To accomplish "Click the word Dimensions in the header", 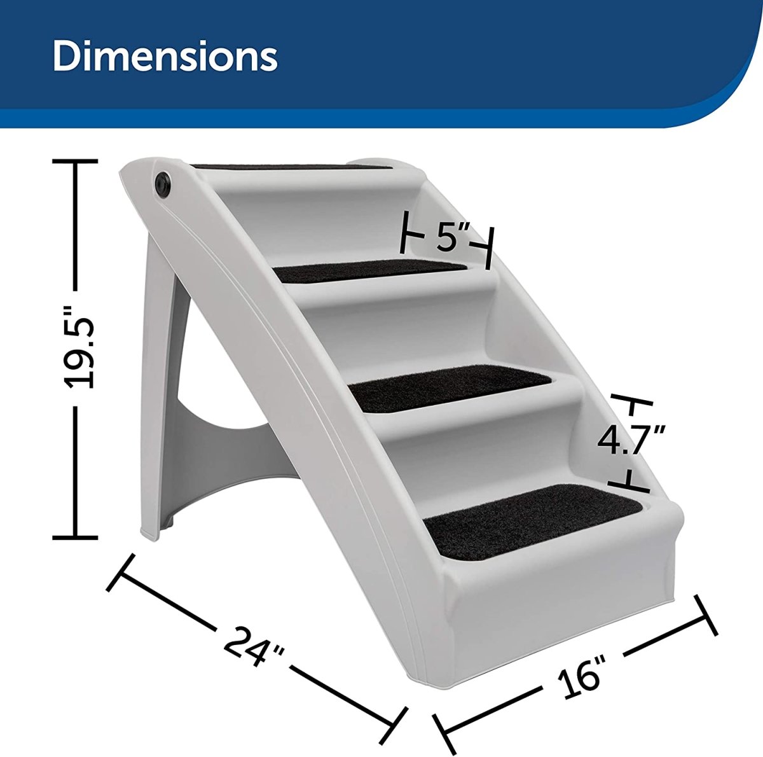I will [x=165, y=58].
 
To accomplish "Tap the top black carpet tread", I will [x=292, y=167].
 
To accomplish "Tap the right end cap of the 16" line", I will [x=708, y=615].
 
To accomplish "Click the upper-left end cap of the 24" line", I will [x=123, y=572].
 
